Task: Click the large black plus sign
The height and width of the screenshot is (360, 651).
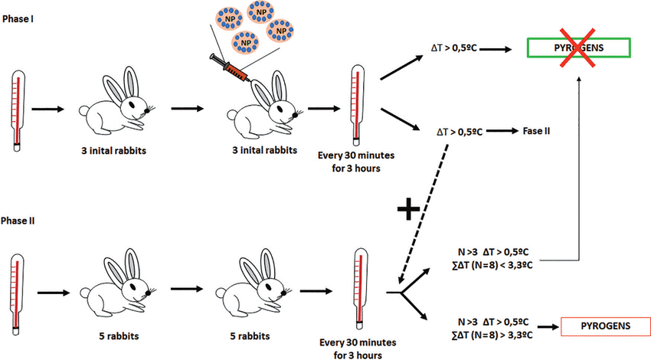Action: (x=411, y=208)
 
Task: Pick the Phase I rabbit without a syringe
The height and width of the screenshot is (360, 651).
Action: (x=120, y=101)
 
